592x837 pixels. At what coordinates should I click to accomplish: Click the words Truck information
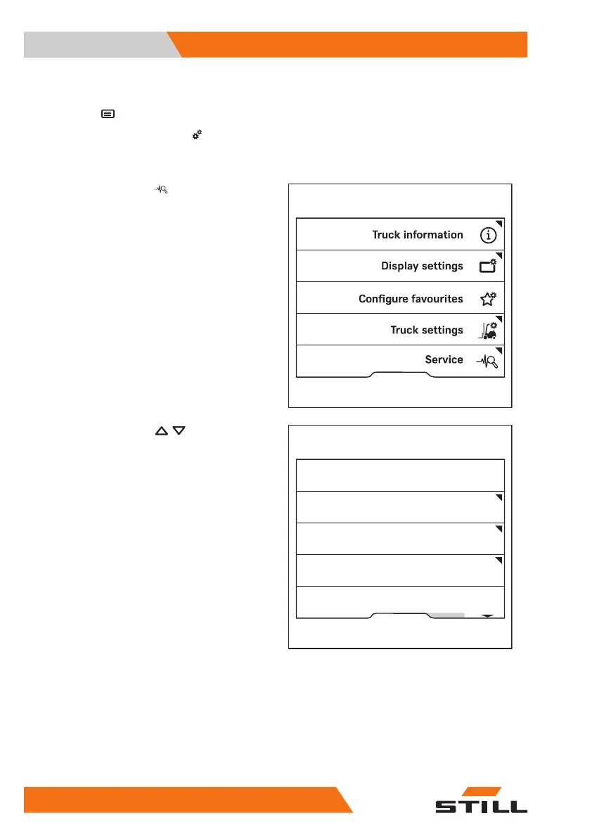point(418,235)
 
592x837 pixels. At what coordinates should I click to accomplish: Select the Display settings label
point(422,266)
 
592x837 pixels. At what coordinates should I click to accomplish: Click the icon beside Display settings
point(488,266)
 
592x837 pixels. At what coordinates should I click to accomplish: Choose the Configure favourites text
point(411,298)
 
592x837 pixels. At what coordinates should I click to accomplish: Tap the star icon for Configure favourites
point(488,298)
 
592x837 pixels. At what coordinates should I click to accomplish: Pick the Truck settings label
point(427,330)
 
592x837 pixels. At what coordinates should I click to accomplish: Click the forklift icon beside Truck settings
point(488,329)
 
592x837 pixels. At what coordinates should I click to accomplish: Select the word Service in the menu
point(444,359)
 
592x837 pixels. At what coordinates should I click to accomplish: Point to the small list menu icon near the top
point(108,113)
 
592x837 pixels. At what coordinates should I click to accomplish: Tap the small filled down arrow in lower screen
point(487,615)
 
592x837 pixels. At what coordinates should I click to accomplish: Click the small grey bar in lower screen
point(448,615)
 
